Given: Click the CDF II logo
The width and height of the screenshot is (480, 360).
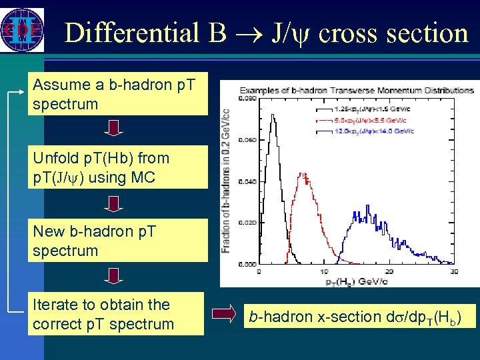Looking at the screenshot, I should (x=22, y=29).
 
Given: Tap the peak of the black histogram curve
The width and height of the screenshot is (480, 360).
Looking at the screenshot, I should (x=272, y=115).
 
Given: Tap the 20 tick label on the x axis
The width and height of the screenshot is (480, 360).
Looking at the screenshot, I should (x=389, y=271).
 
